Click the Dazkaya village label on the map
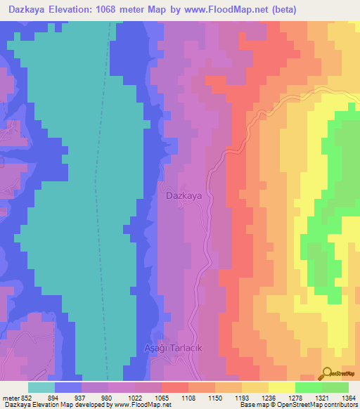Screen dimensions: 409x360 184,197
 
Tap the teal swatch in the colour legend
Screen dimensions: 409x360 41,387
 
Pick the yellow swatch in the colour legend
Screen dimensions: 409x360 281,387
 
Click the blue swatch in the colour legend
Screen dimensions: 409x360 67,387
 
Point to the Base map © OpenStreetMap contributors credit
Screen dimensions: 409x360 297,405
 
